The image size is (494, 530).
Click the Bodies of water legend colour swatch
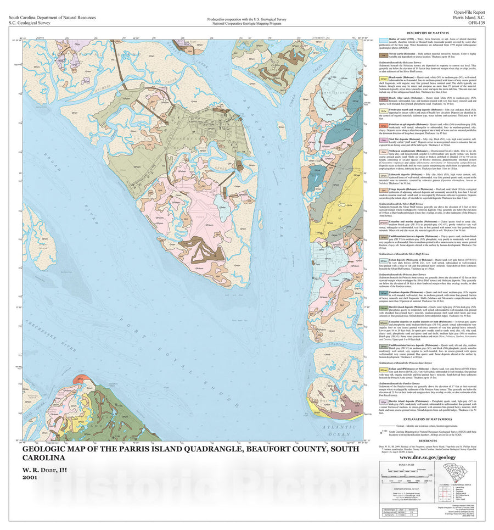384,41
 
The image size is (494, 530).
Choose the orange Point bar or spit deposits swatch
384,125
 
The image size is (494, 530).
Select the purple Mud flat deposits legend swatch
384,140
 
